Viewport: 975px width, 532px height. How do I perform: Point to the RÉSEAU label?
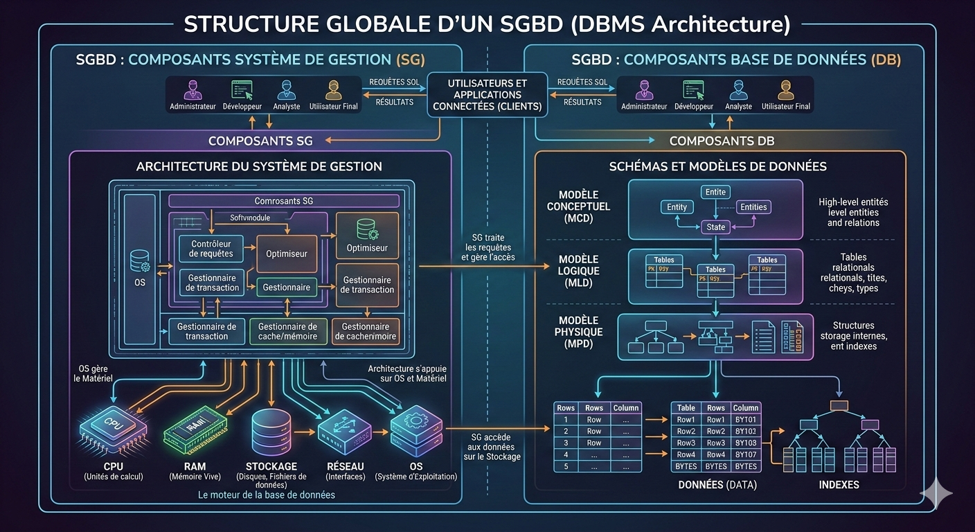point(345,466)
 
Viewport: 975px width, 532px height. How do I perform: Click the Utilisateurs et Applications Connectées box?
point(487,95)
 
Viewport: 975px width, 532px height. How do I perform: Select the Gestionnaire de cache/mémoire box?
point(287,331)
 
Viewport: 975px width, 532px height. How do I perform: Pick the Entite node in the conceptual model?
point(715,192)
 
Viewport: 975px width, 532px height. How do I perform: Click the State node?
point(715,227)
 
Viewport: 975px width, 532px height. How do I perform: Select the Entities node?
point(753,207)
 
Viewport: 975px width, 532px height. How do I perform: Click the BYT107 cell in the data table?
point(746,454)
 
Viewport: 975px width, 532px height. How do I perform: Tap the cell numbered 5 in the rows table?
point(566,466)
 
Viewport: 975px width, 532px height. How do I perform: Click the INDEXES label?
point(839,485)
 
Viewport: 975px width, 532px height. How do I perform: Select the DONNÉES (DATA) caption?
point(717,485)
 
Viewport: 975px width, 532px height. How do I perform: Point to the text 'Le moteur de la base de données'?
point(267,495)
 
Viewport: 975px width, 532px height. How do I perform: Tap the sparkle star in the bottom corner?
point(936,493)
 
